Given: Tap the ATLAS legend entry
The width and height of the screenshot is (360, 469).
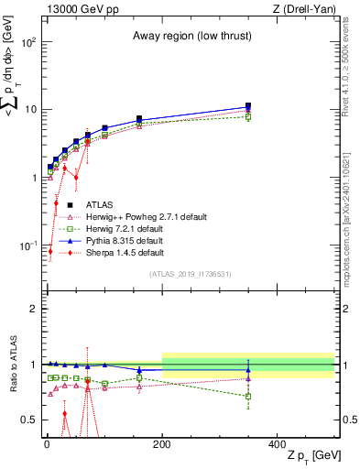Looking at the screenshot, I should point(100,204).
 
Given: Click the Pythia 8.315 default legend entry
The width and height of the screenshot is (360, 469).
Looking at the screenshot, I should point(129,240).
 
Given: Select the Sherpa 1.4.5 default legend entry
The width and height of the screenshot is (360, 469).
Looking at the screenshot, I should point(125,252).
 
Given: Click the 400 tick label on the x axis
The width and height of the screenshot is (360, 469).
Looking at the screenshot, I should point(278,442).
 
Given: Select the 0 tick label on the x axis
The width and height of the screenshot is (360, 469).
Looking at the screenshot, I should point(47,442).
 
